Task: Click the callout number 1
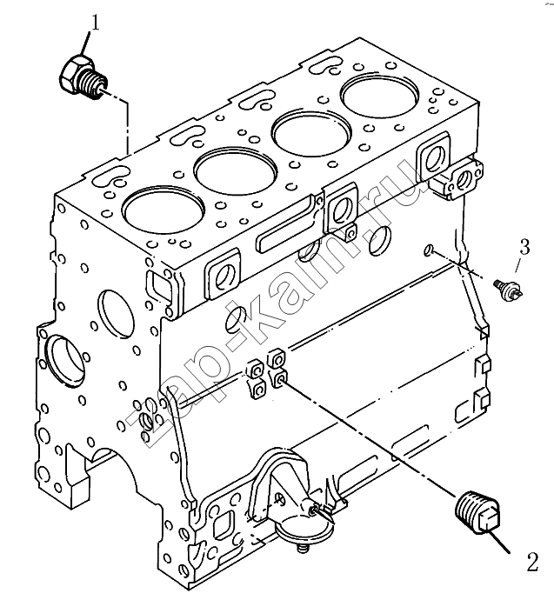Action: click(96, 23)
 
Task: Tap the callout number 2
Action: click(532, 562)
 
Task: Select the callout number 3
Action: click(524, 247)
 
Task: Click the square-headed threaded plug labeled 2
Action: click(477, 513)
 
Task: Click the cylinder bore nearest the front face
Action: click(164, 210)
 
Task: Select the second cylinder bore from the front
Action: click(236, 170)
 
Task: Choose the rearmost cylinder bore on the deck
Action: click(380, 97)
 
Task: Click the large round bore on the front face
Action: click(65, 361)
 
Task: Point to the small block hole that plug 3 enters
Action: click(429, 250)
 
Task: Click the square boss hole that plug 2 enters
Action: click(280, 379)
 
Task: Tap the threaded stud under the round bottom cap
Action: click(303, 549)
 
